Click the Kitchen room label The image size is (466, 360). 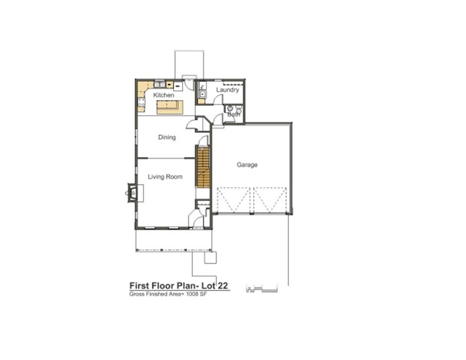click(x=164, y=95)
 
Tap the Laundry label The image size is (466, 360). click(x=227, y=90)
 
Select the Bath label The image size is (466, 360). click(x=233, y=114)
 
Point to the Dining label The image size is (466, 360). click(x=167, y=137)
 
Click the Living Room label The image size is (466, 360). click(x=165, y=177)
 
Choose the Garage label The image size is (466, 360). click(x=247, y=165)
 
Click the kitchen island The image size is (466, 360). click(x=170, y=107)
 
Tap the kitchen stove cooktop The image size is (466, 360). click(x=141, y=102)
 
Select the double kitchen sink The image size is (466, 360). click(x=160, y=85)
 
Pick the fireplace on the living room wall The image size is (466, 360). click(x=132, y=193)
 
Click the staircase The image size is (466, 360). click(x=203, y=167)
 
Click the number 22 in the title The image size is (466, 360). click(x=223, y=286)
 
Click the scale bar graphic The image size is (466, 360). click(x=262, y=289)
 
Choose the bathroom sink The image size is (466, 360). click(x=230, y=108)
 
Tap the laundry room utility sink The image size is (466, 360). click(x=202, y=94)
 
